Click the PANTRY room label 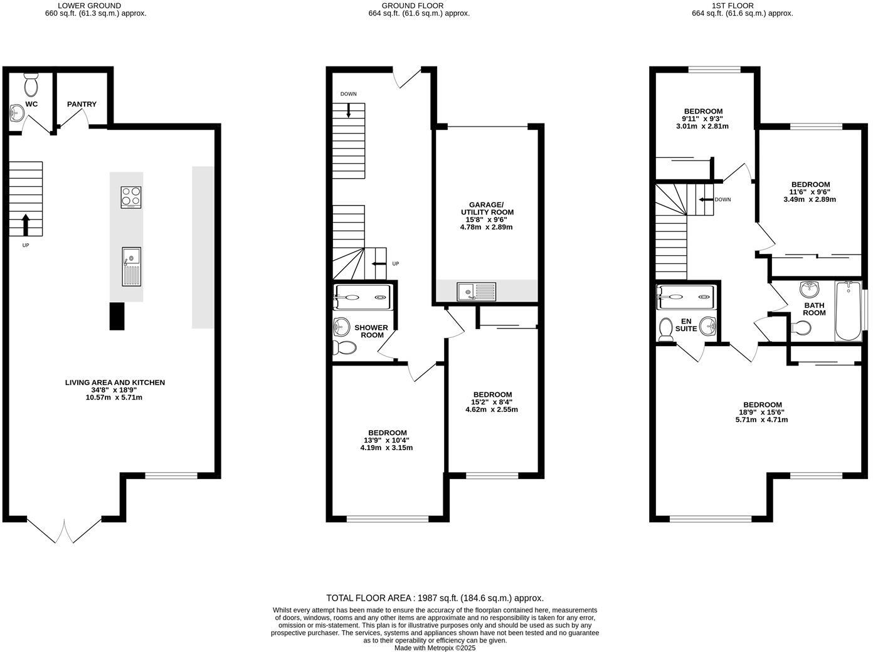pos(82,104)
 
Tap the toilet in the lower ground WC pos(31,84)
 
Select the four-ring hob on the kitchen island pos(131,197)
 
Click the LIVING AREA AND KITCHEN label pos(115,382)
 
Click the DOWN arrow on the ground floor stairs pos(349,109)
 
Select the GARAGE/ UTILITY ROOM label pos(486,208)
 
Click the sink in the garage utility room pos(477,292)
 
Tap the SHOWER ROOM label pos(371,331)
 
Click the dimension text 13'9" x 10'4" pos(387,440)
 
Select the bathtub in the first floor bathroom pos(848,311)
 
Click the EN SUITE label pos(686,324)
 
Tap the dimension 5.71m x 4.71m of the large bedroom pos(761,420)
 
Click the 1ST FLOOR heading pos(742,6)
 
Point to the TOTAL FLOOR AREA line pos(435,598)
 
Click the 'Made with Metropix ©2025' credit pos(435,648)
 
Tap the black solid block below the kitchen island pos(117,316)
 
